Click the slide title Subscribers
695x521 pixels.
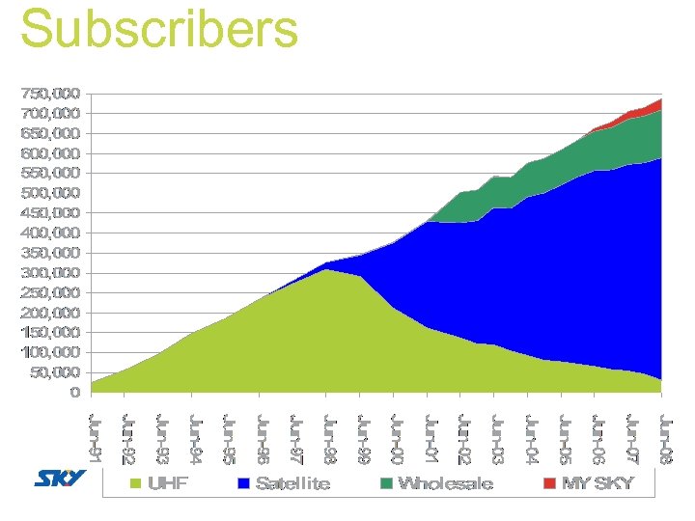tap(159, 29)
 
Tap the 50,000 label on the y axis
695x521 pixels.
tap(54, 372)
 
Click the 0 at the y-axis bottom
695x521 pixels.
tap(74, 393)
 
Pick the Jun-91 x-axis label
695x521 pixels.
tap(94, 438)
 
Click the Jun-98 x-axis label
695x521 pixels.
tap(329, 438)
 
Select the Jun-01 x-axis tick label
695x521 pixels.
tap(431, 438)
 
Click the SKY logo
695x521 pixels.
tap(61, 480)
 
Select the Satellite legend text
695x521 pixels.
tap(292, 482)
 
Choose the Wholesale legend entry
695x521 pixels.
tap(445, 482)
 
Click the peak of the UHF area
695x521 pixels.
tap(327, 270)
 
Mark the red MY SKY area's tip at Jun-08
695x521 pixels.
tap(660, 100)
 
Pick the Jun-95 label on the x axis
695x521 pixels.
tap(229, 438)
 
